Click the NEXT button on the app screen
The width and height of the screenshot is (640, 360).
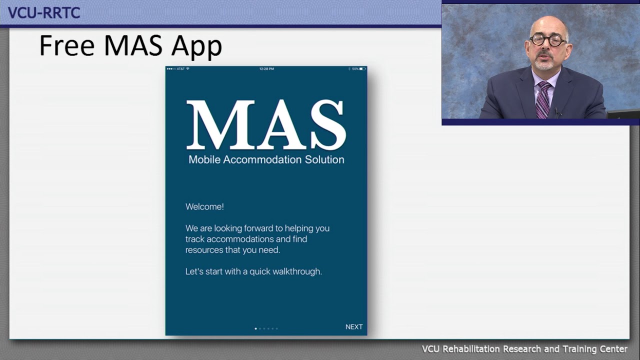354,327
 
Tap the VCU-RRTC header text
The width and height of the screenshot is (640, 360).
44,13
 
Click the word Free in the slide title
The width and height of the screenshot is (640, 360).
67,46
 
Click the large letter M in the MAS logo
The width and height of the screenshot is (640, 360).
215,125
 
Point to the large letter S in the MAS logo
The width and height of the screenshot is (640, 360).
327,125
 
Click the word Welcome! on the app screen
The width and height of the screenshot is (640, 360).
204,206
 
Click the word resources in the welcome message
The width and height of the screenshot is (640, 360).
204,250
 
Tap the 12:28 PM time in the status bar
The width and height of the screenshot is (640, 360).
266,68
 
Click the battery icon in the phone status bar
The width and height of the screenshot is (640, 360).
362,68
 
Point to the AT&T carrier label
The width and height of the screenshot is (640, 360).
180,68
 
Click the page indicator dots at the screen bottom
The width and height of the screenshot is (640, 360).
266,328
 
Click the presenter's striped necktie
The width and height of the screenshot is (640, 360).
542,100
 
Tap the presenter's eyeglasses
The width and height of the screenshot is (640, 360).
548,40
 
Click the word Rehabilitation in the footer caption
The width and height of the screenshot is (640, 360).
470,349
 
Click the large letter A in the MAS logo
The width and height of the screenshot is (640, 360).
273,125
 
